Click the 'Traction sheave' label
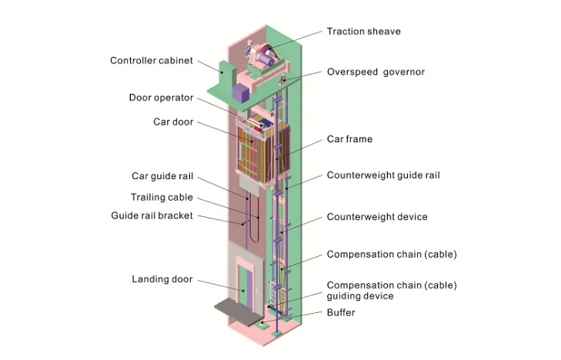363,32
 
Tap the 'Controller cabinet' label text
151,61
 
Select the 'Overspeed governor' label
375,72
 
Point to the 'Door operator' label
161,98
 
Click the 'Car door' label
173,122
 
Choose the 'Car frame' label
349,139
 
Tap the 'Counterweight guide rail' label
383,175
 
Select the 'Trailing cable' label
162,197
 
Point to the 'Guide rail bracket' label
152,216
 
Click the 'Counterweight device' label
376,217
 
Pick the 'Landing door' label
162,279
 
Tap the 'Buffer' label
341,313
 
